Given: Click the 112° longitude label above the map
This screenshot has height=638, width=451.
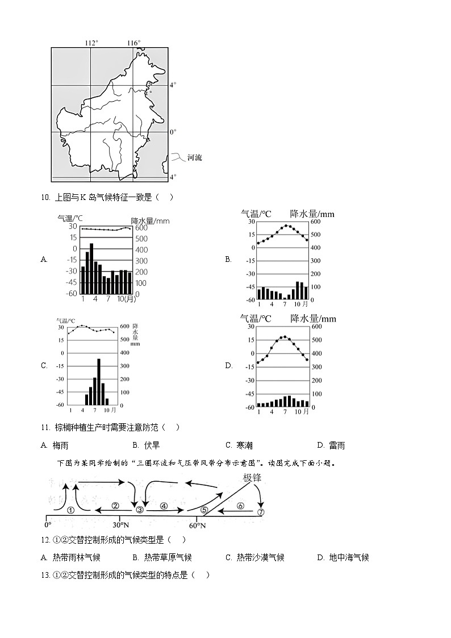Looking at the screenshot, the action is point(91,43).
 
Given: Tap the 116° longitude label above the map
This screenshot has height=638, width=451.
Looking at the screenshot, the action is point(133,43).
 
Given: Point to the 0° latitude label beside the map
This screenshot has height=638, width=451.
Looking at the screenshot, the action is point(173,132).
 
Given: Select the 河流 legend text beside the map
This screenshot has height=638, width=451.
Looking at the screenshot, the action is point(194,157).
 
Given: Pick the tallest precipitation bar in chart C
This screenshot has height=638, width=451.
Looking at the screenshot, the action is point(98,381).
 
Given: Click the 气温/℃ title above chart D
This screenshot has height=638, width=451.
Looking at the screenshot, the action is point(256,319).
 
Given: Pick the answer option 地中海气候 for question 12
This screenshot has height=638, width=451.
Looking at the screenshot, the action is point(349,557).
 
